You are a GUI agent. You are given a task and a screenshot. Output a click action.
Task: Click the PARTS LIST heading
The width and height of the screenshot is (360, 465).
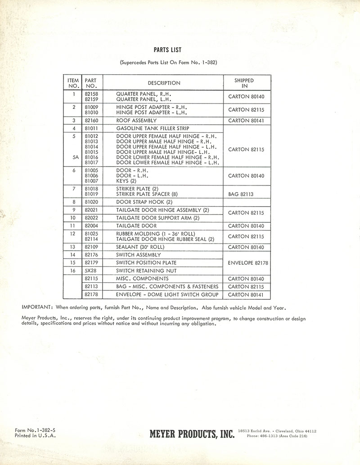tap(167, 50)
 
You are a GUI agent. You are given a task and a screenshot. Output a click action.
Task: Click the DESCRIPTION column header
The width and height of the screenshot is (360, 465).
tap(164, 83)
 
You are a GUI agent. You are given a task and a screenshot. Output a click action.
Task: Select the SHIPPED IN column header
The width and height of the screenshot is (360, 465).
tap(244, 83)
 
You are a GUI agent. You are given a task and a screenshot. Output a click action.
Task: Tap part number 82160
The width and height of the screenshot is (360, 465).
tap(91, 121)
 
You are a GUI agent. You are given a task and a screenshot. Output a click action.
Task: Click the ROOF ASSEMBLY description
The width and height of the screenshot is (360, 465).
tap(136, 121)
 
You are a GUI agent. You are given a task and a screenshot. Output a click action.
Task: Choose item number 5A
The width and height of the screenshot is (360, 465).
tap(73, 158)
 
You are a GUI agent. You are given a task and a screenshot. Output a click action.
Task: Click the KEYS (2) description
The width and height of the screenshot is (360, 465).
tap(126, 181)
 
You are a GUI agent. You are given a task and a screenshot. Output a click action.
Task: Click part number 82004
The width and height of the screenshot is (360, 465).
tap(91, 226)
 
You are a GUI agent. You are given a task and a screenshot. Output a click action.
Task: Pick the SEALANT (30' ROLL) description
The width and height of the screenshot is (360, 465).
tap(140, 247)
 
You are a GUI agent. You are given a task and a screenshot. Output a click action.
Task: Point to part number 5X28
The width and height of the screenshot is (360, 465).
tap(90, 271)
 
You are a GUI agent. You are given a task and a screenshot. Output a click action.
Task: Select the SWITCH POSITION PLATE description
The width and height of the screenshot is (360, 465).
tap(146, 262)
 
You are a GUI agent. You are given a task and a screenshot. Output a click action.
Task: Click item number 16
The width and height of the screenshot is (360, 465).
tap(73, 271)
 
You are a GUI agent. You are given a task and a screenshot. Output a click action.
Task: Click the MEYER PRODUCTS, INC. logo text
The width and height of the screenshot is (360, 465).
tap(192, 434)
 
